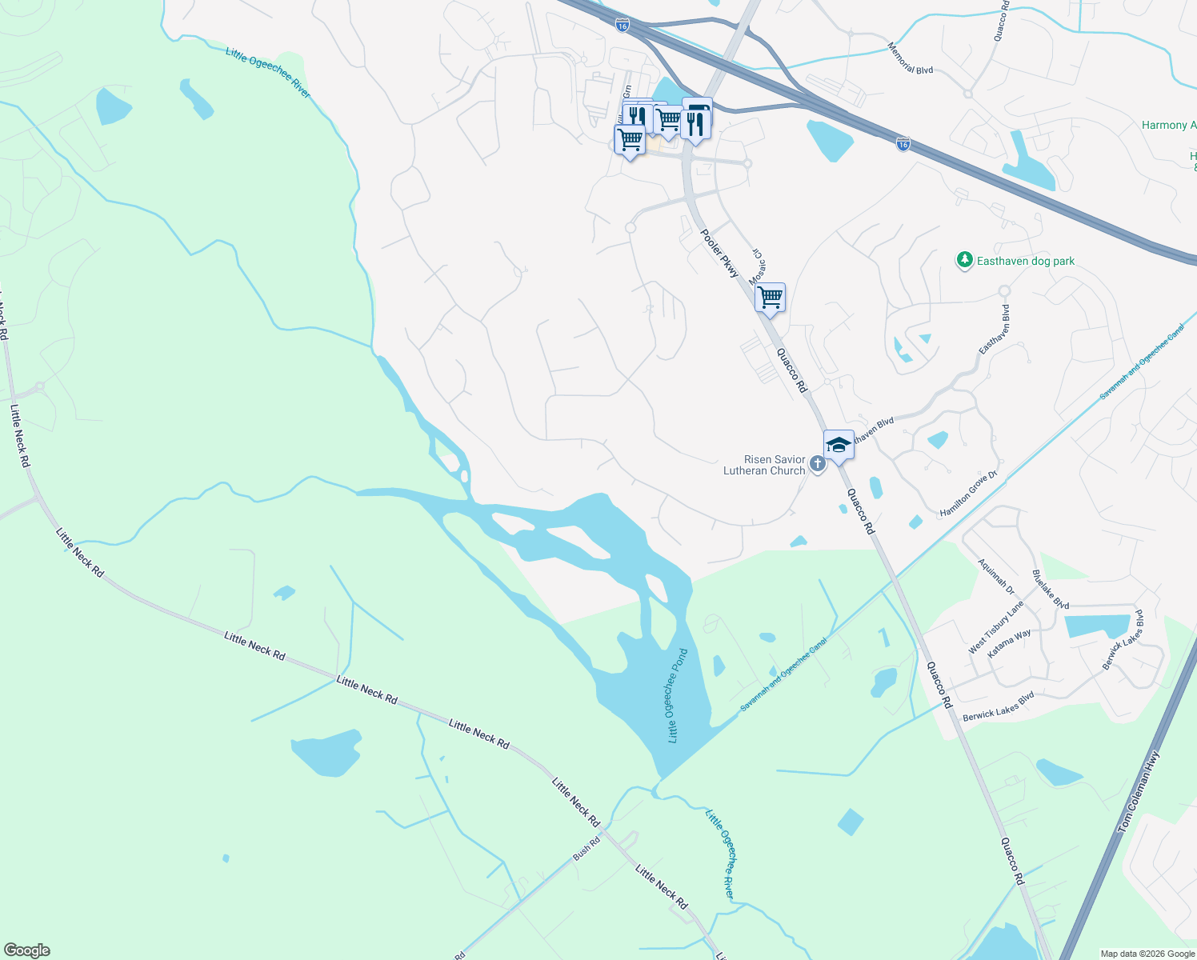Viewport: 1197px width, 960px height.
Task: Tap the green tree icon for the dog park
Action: click(965, 260)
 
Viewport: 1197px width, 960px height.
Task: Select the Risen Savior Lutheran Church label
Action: click(764, 465)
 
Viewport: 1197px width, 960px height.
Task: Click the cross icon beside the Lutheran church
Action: click(817, 464)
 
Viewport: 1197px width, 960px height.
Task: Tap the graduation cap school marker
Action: click(839, 445)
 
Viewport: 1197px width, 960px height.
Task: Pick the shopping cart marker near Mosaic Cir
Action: click(770, 298)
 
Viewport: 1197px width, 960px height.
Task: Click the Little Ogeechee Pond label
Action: click(678, 695)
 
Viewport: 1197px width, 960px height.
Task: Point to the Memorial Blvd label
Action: click(911, 59)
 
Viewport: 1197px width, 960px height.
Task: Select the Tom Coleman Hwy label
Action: click(1138, 791)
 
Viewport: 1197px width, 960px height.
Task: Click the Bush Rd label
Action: click(586, 849)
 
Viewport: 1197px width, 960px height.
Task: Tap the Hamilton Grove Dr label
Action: click(969, 494)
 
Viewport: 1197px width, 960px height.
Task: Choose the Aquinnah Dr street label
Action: click(996, 577)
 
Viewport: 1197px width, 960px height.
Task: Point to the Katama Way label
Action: click(1009, 644)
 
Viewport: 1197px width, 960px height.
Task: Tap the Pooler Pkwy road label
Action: click(720, 254)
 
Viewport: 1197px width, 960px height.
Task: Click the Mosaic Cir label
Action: click(756, 266)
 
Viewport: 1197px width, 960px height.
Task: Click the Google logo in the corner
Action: click(27, 950)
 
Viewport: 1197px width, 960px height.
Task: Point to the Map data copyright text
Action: click(1146, 954)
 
